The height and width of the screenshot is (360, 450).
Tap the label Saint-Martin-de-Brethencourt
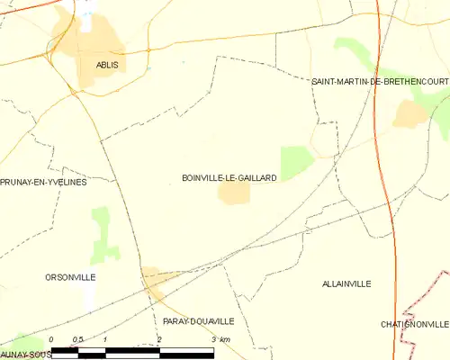tap(380, 82)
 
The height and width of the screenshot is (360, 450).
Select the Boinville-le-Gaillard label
tap(229, 178)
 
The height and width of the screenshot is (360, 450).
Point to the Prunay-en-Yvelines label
tap(43, 182)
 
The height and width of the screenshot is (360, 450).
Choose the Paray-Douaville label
tap(199, 320)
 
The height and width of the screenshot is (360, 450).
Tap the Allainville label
tap(346, 283)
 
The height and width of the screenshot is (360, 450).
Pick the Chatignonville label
tap(414, 324)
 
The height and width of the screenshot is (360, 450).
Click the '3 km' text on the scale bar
tap(220, 338)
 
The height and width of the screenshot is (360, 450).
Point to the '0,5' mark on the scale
tap(78, 338)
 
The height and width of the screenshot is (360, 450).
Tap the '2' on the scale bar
tap(159, 338)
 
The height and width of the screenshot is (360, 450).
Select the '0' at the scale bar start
tap(51, 338)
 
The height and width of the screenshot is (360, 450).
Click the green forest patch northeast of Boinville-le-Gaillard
tap(296, 162)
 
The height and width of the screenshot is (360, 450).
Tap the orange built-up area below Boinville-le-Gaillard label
tap(234, 193)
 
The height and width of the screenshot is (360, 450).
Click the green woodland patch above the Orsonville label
tap(104, 234)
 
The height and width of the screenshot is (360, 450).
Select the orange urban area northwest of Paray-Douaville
tap(153, 279)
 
